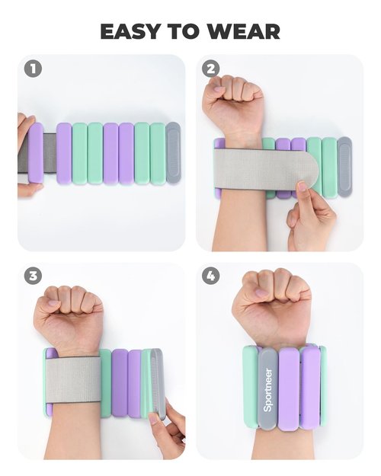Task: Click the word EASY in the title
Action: (130, 31)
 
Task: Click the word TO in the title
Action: (184, 31)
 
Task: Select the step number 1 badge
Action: (33, 69)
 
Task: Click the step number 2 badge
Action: (210, 69)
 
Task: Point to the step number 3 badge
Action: (33, 276)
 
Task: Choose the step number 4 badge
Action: (210, 276)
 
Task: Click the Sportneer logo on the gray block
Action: (267, 390)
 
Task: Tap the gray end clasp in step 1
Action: (173, 152)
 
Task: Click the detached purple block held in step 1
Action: (36, 152)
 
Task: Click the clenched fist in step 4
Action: (271, 307)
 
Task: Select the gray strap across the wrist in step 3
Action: (73, 379)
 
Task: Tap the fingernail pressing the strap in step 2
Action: (302, 186)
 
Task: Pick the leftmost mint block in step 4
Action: (251, 387)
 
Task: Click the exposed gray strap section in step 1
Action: (50, 152)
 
